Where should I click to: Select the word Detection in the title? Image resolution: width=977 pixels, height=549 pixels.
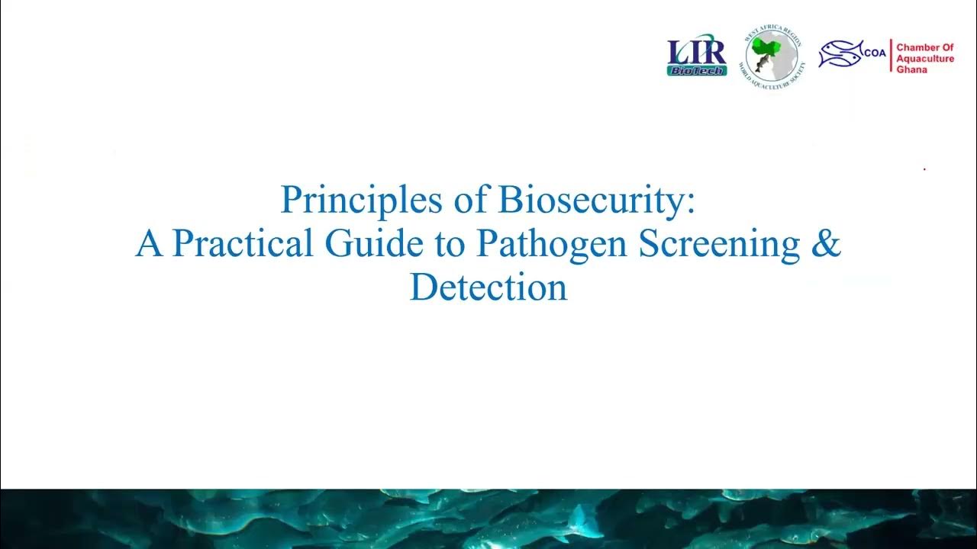(x=488, y=287)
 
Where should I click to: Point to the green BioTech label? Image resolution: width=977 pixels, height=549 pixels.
(x=697, y=70)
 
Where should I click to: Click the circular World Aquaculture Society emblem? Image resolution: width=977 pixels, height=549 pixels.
(x=773, y=57)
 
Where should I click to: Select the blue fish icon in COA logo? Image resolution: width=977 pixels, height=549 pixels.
(x=840, y=53)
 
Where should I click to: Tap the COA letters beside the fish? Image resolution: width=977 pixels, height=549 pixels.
(x=875, y=53)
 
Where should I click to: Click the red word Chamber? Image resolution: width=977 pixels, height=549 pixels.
(x=924, y=47)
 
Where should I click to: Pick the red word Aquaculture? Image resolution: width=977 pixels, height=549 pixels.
(x=925, y=59)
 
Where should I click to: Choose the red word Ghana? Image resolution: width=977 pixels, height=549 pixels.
(x=911, y=69)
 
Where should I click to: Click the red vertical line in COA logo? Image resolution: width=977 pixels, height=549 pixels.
(x=890, y=56)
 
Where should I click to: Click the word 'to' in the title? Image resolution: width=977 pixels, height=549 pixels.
(x=451, y=243)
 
